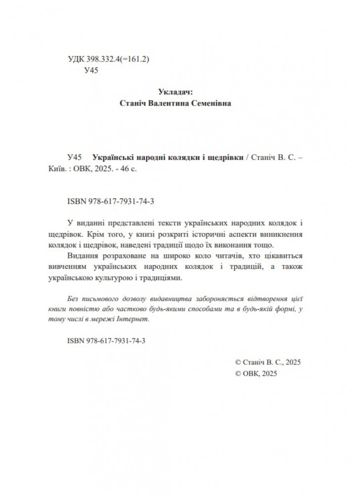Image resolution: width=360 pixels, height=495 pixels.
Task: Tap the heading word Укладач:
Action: (176, 92)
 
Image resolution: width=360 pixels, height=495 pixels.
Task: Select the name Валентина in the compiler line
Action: (171, 103)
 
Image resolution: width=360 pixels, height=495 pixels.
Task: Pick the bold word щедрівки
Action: (226, 157)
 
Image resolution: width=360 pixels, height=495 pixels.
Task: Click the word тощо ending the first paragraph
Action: (262, 245)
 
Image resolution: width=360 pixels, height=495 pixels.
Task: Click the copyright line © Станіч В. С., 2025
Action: (268, 362)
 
